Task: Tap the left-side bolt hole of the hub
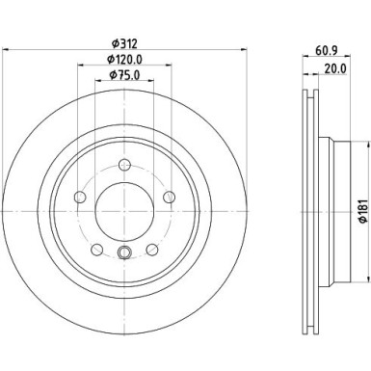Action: (77, 198)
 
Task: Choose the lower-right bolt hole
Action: (150, 251)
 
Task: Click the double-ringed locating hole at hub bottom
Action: (122, 254)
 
